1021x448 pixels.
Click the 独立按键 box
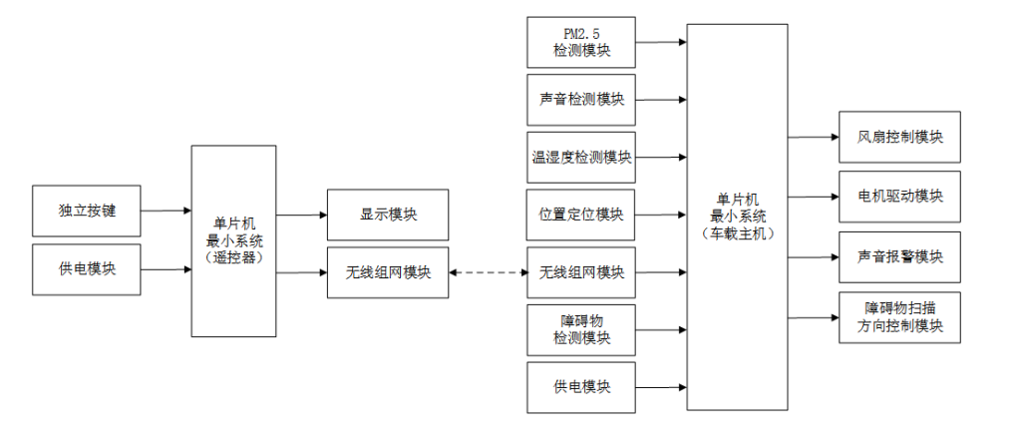coord(87,211)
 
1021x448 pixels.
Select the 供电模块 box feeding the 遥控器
coord(87,269)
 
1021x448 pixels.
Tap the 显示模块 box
coord(388,215)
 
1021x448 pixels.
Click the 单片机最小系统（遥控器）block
coord(233,240)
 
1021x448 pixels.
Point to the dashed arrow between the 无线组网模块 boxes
coord(488,272)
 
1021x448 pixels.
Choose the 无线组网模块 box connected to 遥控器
coord(388,272)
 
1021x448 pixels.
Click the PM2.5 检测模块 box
coord(581,42)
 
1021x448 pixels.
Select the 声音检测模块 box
coord(581,100)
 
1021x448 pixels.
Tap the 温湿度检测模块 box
coord(581,157)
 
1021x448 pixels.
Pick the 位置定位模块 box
coord(581,215)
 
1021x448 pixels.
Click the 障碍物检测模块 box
coord(581,329)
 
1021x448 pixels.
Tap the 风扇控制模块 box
coord(899,137)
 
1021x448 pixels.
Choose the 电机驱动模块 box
coord(899,196)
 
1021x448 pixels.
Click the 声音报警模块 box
coord(899,256)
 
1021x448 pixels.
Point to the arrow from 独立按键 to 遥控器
coord(166,211)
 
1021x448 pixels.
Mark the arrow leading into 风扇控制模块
coord(813,137)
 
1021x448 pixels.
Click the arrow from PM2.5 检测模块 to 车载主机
coord(661,42)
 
